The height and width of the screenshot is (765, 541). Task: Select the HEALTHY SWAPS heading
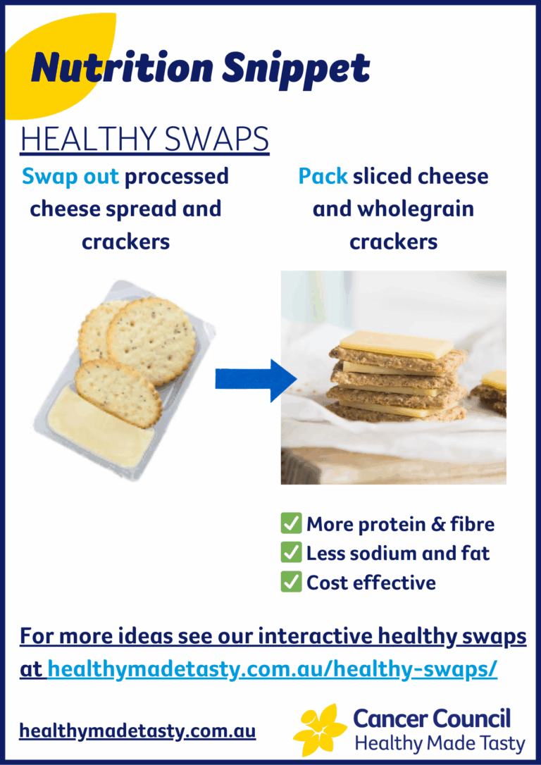point(144,139)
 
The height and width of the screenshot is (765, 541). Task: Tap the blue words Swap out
point(70,176)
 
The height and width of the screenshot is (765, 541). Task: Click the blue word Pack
point(323,176)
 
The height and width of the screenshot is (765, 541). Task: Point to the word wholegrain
point(412,209)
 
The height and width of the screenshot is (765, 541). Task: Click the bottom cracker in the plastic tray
point(118,392)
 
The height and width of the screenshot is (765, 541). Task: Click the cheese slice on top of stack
point(397,344)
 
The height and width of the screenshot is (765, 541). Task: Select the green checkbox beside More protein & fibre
point(291,523)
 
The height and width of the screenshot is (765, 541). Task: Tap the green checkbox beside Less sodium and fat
point(291,553)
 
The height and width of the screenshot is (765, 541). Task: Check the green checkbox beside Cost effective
point(291,582)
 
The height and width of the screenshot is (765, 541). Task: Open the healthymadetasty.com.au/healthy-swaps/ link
point(273,669)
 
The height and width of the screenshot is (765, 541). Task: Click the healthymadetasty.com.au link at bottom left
point(137,731)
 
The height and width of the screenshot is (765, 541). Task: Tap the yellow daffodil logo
point(321,729)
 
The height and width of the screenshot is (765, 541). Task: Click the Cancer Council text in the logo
point(431,719)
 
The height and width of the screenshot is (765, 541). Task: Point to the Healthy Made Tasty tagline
point(440,743)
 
